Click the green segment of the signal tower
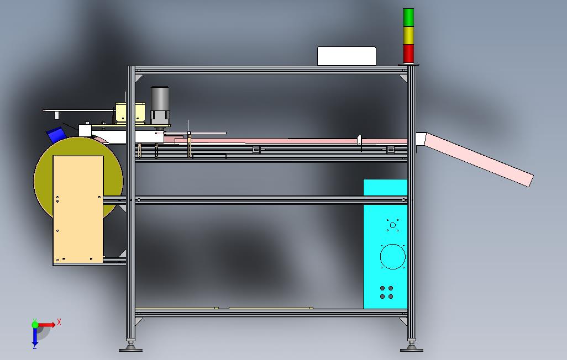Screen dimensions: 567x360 [x=408, y=17]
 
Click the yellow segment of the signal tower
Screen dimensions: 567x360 [x=408, y=35]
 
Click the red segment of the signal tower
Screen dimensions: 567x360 [x=408, y=54]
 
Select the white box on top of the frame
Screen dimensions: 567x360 [x=347, y=56]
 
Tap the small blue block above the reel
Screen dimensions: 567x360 [x=56, y=135]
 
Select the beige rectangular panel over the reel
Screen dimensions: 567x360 [x=78, y=210]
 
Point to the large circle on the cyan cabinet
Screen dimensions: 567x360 [x=392, y=257]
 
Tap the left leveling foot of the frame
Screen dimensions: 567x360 [x=131, y=347]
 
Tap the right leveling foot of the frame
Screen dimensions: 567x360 [x=412, y=347]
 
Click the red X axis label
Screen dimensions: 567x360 [x=59, y=322]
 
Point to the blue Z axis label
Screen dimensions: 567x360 [x=34, y=346]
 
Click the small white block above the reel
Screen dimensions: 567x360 [x=85, y=130]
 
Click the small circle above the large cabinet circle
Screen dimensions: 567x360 [x=392, y=225]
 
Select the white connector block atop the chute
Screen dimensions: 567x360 [x=421, y=139]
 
